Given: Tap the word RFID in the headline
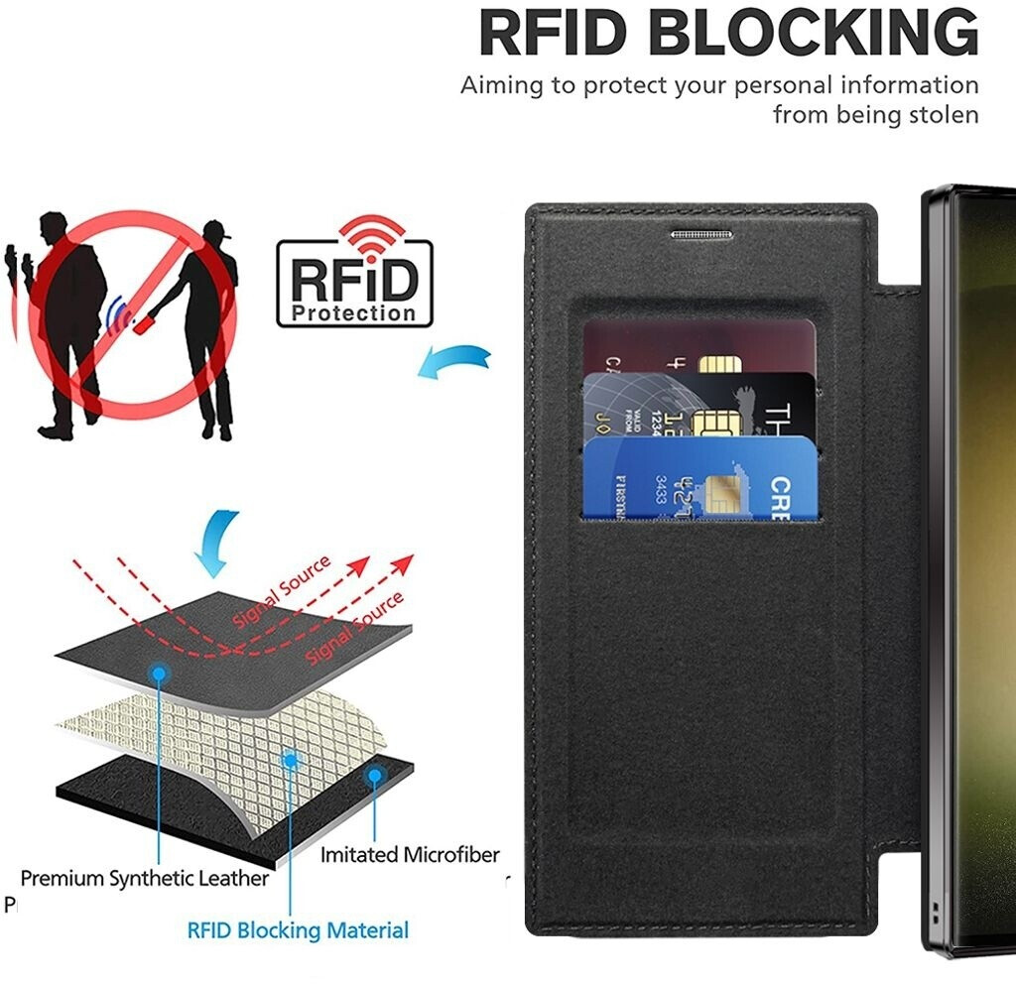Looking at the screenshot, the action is [555, 33].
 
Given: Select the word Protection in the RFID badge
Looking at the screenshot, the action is [354, 313].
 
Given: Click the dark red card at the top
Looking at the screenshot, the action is [695, 343].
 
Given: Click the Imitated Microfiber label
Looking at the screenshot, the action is [410, 854].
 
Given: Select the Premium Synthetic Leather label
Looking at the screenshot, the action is [145, 878].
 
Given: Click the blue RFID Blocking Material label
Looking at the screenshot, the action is [298, 930].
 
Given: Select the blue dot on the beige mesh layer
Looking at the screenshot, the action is [291, 761].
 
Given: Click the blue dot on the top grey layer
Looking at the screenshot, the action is [159, 674].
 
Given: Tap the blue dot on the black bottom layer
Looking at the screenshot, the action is [374, 775].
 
